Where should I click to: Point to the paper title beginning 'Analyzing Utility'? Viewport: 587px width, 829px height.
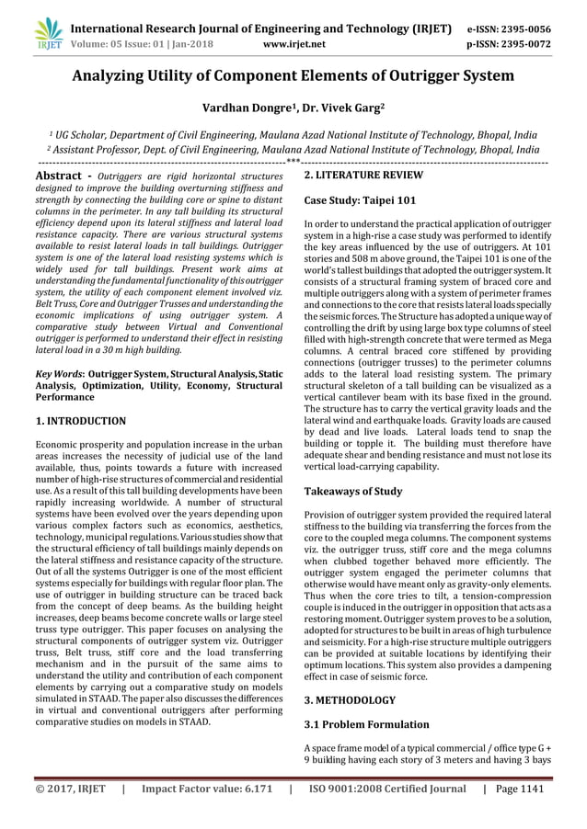(293, 76)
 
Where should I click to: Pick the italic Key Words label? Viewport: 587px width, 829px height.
(57, 375)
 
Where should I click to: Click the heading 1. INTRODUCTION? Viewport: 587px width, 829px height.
(80, 421)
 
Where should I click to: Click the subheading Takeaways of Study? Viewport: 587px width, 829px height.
(353, 492)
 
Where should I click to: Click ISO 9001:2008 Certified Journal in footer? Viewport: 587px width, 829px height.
(386, 789)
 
